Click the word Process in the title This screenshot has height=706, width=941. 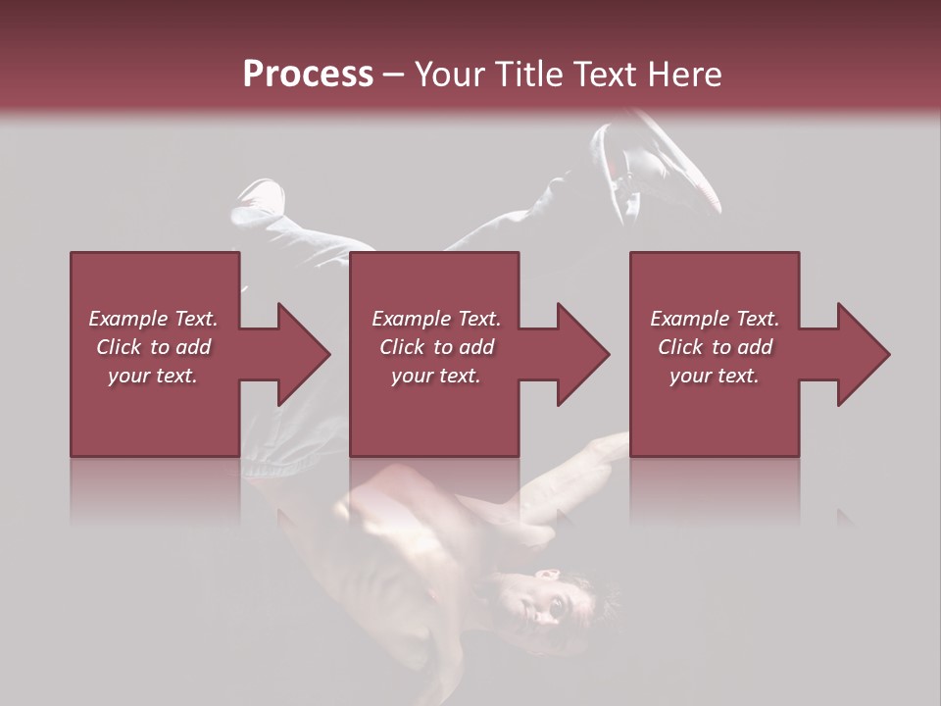[x=308, y=75]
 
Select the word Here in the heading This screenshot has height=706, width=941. [x=683, y=75]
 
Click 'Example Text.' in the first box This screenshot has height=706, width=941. [x=153, y=319]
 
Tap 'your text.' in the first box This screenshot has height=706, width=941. [x=153, y=376]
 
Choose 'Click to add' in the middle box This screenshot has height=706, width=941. [x=436, y=347]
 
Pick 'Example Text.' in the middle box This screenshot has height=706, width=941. [x=436, y=319]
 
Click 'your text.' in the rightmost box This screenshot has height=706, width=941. [x=715, y=376]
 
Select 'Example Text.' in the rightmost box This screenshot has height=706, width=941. [x=715, y=319]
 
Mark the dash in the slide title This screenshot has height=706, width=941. [x=393, y=76]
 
